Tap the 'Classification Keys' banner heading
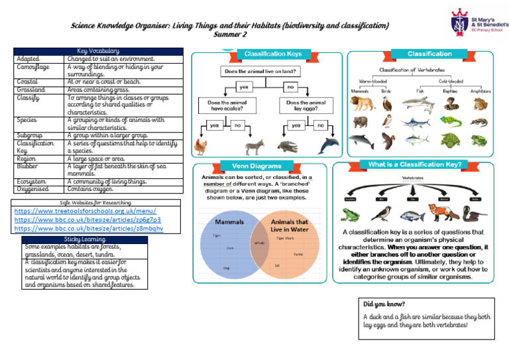[x=272, y=54]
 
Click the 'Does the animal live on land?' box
[x=260, y=71]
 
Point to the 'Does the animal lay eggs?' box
[x=306, y=107]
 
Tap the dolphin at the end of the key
[x=328, y=146]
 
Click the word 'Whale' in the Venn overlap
[x=259, y=243]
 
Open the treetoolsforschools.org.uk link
[x=85, y=211]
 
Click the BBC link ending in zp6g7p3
[x=87, y=219]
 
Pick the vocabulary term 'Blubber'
[x=27, y=166]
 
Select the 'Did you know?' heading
[x=385, y=303]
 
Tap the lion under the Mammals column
[x=361, y=103]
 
